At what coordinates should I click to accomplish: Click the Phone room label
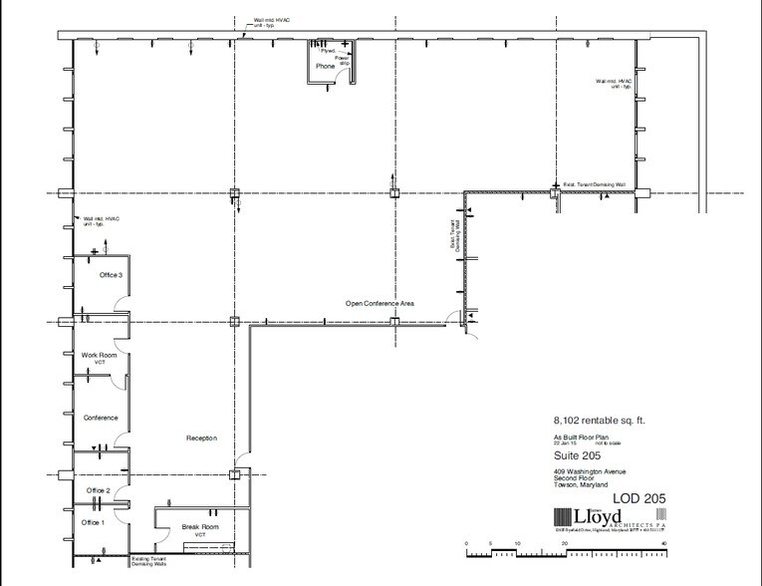326,66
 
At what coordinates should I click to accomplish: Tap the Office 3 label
110,275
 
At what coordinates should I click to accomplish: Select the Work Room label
100,355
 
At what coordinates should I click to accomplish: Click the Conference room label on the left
101,418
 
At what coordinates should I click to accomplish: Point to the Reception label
202,439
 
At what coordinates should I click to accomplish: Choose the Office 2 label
99,491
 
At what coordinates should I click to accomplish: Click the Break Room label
199,526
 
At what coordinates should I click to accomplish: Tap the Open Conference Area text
380,302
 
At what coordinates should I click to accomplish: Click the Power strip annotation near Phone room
343,59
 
